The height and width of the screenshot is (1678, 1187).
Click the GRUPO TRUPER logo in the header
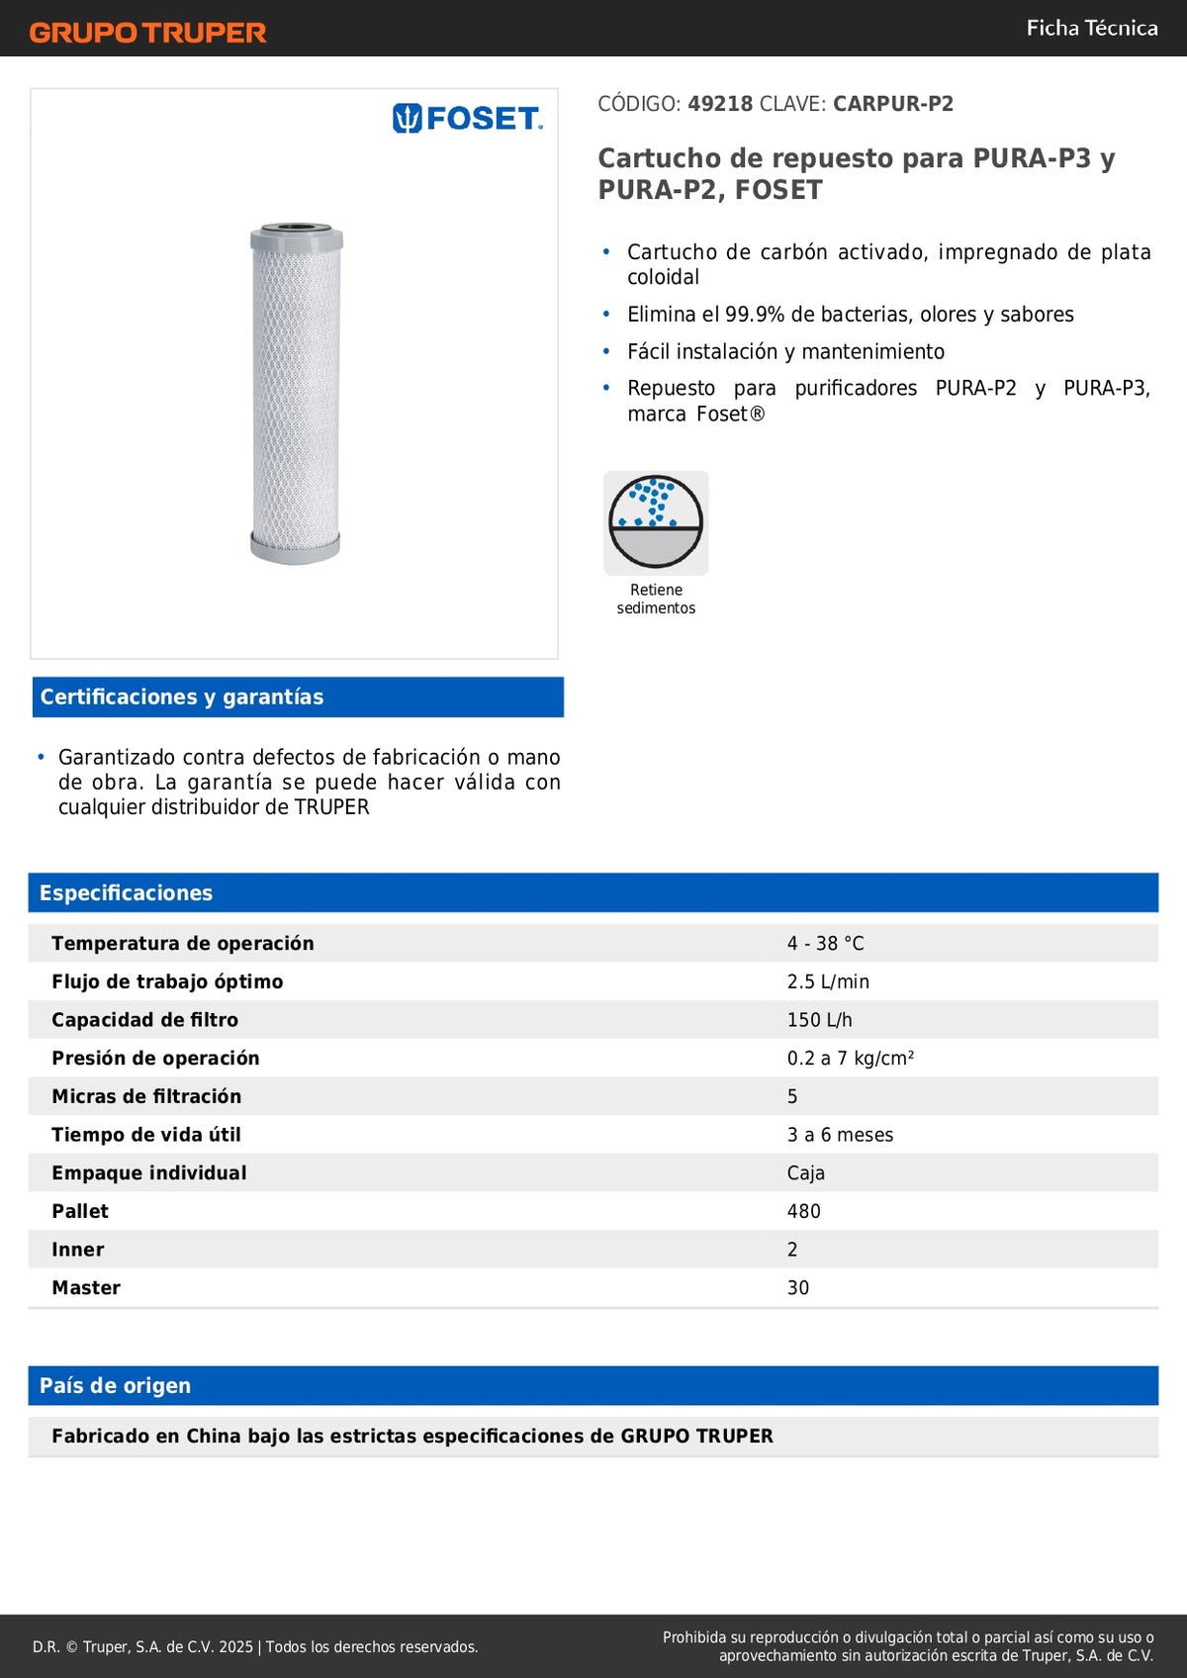click(148, 33)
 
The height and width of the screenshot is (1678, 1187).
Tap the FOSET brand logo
click(468, 119)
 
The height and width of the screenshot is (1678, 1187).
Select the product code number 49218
click(720, 104)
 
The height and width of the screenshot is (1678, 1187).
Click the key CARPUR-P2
click(893, 104)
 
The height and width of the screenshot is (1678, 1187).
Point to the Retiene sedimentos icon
click(656, 522)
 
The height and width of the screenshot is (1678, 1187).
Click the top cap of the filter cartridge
click(297, 237)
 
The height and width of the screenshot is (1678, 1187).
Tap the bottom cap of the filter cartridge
click(295, 547)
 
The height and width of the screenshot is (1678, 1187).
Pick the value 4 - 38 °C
click(825, 944)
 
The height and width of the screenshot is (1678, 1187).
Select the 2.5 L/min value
click(828, 981)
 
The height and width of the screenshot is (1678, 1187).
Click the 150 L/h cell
click(819, 1020)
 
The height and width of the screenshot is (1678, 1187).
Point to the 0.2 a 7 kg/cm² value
click(850, 1059)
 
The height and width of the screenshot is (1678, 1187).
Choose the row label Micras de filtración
click(146, 1096)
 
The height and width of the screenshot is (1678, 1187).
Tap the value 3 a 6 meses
click(840, 1135)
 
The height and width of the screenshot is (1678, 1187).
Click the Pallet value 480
click(803, 1211)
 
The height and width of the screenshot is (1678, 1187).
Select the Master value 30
click(797, 1288)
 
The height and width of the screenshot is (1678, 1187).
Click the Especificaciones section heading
click(126, 892)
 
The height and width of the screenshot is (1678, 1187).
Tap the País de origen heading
click(115, 1385)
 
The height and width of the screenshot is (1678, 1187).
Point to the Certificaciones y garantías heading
click(182, 697)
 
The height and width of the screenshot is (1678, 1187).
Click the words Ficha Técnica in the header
click(1092, 28)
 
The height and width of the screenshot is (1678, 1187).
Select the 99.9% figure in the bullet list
click(755, 315)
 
